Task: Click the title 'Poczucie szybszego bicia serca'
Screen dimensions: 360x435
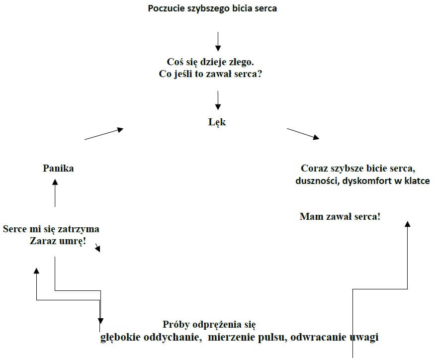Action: coord(212,8)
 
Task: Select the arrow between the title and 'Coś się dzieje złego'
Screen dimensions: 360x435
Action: coord(218,41)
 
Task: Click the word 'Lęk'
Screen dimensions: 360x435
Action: coord(217,122)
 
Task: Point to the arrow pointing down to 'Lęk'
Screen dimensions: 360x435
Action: coord(218,99)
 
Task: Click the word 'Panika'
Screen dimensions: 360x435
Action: coord(58,168)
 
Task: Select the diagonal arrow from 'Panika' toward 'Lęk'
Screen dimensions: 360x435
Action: coord(104,134)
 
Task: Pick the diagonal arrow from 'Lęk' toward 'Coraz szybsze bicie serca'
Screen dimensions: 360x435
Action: coord(303,133)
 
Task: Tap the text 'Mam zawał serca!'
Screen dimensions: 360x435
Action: coord(340,216)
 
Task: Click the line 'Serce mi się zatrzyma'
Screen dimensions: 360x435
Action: coord(51,229)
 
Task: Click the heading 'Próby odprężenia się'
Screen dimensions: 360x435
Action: coord(209,324)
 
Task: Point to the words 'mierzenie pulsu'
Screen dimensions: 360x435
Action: coord(246,337)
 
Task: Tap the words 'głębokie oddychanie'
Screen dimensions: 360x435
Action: coord(149,337)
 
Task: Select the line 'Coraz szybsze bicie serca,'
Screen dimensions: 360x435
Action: coord(358,168)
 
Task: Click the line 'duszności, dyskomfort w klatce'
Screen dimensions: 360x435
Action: coord(362,180)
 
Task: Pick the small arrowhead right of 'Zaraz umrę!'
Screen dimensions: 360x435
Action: coord(98,248)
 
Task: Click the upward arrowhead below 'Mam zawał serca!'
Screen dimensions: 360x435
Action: coord(408,224)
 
